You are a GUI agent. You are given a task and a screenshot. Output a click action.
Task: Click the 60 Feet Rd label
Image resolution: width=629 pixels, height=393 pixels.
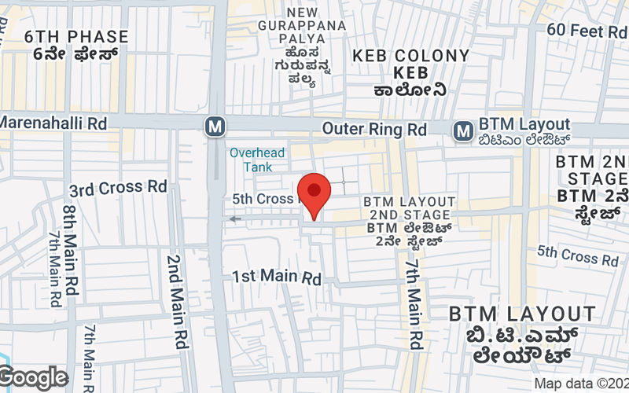(x=586, y=31)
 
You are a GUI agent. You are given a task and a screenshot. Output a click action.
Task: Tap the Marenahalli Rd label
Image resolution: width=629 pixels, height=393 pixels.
(x=53, y=123)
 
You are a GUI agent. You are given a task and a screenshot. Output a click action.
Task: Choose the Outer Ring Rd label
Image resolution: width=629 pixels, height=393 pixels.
(x=374, y=128)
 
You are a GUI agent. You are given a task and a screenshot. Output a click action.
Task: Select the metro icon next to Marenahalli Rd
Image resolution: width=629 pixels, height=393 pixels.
(x=213, y=126)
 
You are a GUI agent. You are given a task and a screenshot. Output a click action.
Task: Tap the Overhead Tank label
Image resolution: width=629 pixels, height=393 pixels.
(x=258, y=160)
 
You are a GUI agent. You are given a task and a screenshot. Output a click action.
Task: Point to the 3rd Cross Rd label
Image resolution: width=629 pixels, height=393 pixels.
(x=118, y=189)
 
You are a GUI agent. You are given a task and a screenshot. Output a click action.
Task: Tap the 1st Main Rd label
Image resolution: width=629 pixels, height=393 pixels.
(x=278, y=277)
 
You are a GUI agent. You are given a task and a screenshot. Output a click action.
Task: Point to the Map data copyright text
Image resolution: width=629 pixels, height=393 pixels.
(x=580, y=384)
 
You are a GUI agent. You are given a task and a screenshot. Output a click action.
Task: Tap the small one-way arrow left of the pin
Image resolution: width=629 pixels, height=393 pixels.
(x=235, y=219)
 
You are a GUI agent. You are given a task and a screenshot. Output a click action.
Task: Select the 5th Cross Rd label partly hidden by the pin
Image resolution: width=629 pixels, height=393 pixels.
(x=263, y=199)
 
